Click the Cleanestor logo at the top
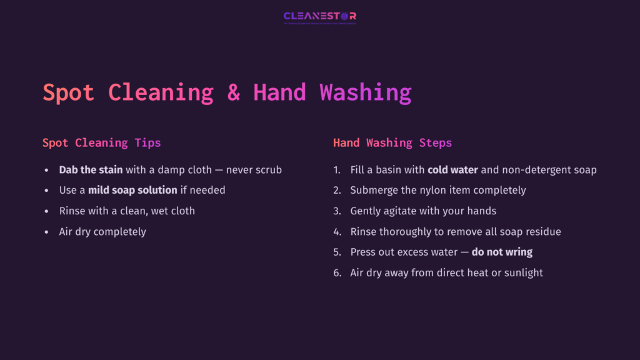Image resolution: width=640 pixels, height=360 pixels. [320, 17]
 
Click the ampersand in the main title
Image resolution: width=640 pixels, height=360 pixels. [233, 92]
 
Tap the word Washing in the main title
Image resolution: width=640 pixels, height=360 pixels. [366, 92]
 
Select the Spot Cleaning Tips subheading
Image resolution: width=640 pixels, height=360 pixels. [101, 143]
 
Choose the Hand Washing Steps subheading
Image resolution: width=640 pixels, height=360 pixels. [392, 143]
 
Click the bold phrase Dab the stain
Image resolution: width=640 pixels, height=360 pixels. [91, 169]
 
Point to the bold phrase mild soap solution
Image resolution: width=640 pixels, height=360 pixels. [132, 190]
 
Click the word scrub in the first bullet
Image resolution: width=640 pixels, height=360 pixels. [267, 169]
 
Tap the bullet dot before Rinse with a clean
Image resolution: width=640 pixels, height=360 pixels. [46, 211]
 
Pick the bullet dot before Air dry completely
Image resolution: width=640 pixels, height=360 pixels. [46, 232]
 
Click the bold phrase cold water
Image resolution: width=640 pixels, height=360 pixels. [452, 169]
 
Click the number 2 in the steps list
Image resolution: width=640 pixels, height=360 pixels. [337, 190]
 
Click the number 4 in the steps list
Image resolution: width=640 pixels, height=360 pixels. [337, 232]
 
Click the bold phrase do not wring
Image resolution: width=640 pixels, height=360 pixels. [502, 252]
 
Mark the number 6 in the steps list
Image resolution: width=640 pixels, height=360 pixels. [337, 273]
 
